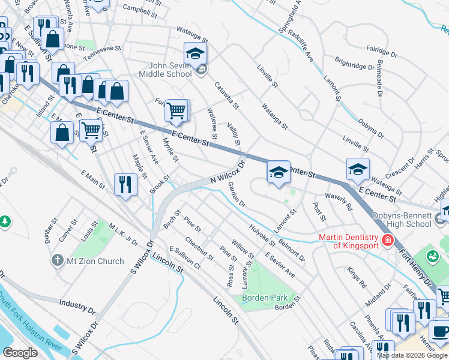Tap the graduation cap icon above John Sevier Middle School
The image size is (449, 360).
196,53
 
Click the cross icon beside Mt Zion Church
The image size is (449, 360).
58,260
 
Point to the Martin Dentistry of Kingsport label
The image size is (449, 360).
348,241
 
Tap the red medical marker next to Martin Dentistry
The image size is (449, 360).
388,241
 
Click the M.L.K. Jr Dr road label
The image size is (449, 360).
123,234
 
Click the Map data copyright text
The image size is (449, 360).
412,355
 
